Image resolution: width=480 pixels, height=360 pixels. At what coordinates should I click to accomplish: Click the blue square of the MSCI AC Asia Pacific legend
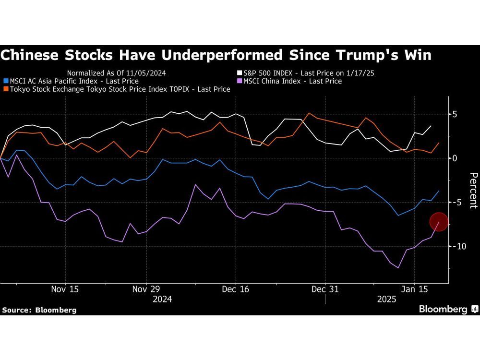[x=5, y=82]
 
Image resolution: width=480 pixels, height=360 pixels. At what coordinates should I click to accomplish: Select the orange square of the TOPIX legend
[x=5, y=90]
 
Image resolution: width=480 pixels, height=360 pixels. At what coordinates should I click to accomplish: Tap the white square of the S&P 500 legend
[x=239, y=73]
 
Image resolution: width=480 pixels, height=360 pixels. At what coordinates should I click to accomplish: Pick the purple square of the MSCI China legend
[x=239, y=82]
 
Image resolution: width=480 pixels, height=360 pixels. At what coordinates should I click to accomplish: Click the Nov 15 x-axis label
[x=65, y=289]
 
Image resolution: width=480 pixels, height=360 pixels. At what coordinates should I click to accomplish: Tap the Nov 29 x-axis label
[x=146, y=289]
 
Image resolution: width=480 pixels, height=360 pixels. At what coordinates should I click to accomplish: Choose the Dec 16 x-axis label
[x=236, y=289]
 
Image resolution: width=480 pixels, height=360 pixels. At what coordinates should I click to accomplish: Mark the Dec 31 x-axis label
[x=325, y=289]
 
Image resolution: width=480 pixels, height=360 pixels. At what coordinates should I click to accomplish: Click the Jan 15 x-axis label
[x=415, y=289]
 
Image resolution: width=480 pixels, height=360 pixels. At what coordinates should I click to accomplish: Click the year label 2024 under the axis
[x=162, y=299]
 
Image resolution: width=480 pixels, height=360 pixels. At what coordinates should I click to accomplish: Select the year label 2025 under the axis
[x=386, y=299]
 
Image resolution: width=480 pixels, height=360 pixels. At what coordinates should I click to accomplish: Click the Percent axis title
[x=473, y=191]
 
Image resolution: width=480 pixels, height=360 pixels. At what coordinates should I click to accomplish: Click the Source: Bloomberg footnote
[x=39, y=310]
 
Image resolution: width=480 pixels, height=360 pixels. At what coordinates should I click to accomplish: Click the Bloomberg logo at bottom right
[x=447, y=309]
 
